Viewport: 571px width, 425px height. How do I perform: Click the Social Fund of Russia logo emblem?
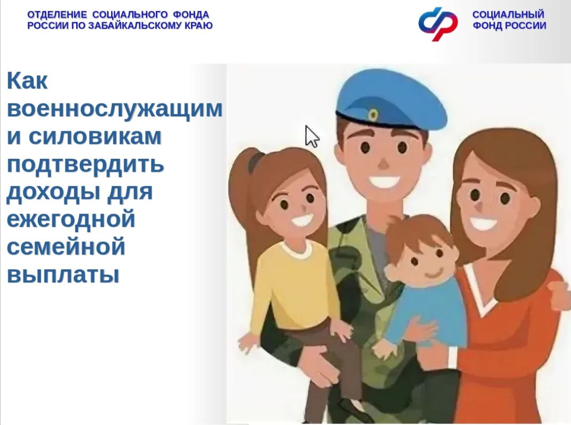438,23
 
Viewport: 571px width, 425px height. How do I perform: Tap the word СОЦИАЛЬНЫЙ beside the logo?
508,14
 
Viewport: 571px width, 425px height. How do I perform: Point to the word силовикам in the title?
95,136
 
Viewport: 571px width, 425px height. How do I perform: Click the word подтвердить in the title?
86,165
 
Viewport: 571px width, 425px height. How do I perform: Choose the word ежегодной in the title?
71,219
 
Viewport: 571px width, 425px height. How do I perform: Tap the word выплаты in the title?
63,275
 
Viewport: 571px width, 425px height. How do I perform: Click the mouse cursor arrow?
312,137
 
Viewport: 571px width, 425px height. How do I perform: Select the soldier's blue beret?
391,100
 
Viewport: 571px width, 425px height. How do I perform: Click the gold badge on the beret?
373,115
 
